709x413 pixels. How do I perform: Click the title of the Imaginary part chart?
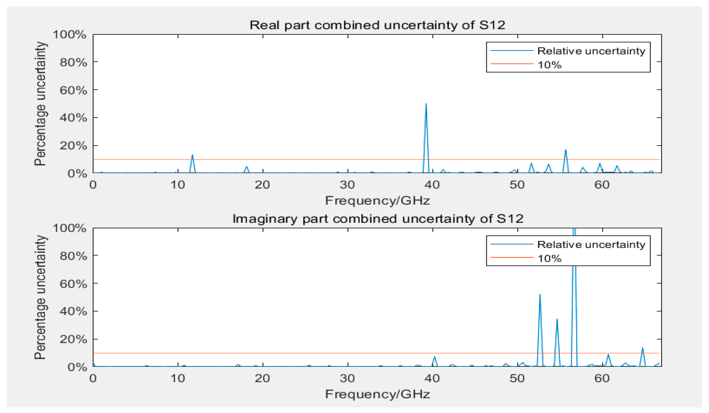tap(378, 218)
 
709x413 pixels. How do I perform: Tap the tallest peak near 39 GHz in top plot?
tap(426, 105)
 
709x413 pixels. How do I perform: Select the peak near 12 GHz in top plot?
tap(193, 155)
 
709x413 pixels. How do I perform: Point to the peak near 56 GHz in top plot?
tap(565, 150)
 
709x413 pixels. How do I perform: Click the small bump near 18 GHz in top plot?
tap(247, 167)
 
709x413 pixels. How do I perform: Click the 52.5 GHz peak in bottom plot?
tap(540, 295)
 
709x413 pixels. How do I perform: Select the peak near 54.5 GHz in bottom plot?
tap(557, 320)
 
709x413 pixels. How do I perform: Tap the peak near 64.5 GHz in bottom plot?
tap(642, 348)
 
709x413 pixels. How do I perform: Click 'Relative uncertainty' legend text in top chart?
tap(591, 51)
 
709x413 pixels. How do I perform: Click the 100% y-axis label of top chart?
tap(69, 35)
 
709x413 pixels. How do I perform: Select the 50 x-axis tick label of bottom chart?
tap(517, 378)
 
